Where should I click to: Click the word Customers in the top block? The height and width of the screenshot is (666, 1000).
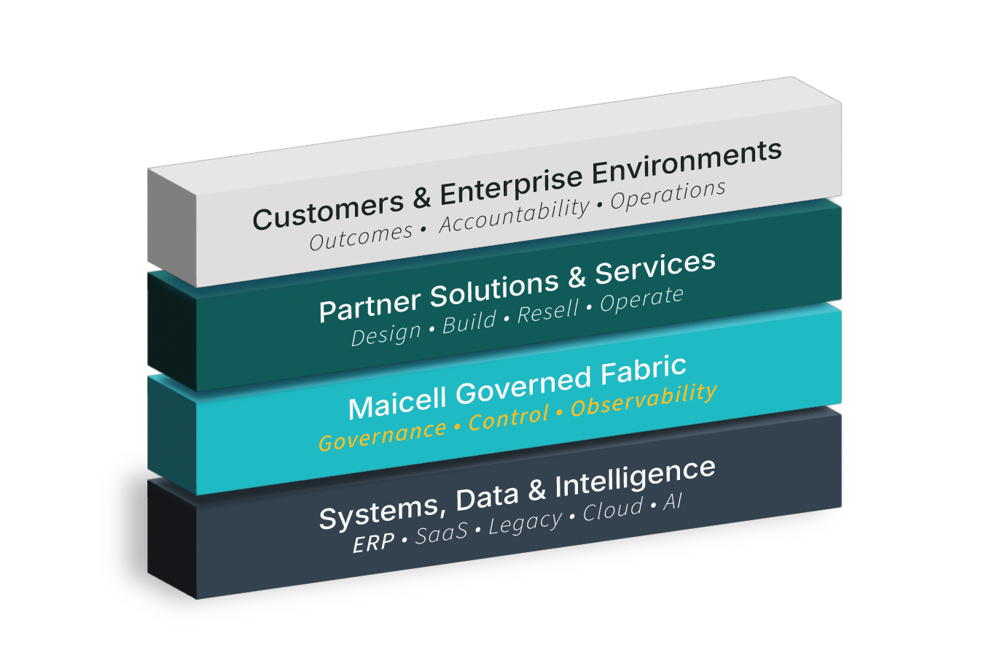tap(328, 209)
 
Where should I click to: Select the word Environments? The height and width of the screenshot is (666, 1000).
tap(687, 163)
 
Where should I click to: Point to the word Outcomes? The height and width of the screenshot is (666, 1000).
tap(361, 236)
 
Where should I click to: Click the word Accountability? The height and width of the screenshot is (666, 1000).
tap(514, 216)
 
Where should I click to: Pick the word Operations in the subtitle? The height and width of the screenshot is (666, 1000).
tap(668, 195)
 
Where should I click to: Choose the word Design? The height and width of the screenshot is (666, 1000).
tap(386, 335)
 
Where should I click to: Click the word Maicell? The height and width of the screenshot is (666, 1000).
tap(398, 403)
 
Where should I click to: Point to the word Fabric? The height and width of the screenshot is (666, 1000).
tap(644, 372)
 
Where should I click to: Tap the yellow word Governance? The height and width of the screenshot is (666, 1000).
tap(383, 435)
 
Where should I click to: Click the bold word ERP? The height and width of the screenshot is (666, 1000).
tap(373, 543)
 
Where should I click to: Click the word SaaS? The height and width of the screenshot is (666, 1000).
tap(442, 534)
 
